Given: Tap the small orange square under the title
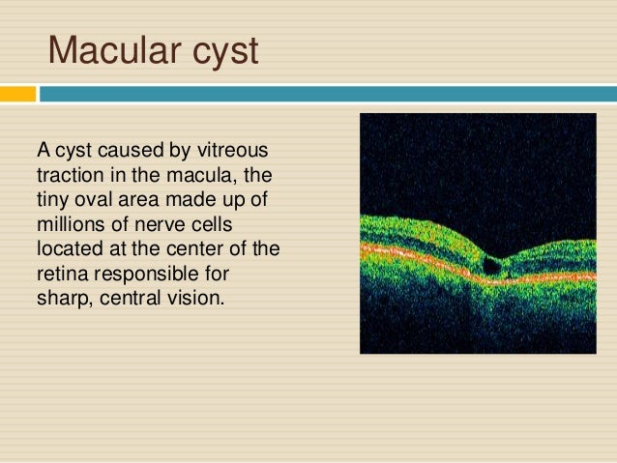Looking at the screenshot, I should pyautogui.click(x=17, y=95).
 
